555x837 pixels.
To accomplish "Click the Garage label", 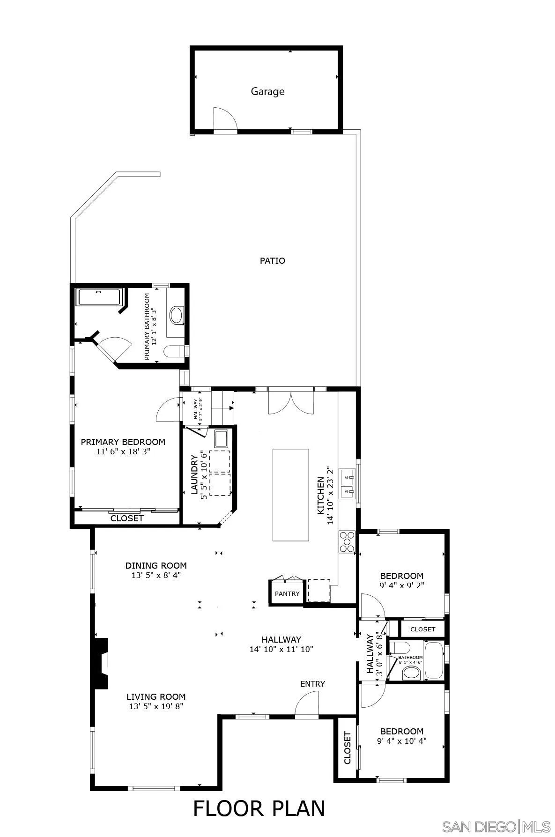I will [267, 91].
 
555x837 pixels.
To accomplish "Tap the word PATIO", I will [272, 260].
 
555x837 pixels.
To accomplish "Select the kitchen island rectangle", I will [290, 495].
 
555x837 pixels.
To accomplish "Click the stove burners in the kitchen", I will [347, 542].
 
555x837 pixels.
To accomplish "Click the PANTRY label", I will [287, 593].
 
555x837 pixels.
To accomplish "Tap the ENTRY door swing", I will [307, 705].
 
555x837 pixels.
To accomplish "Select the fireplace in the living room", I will [102, 663].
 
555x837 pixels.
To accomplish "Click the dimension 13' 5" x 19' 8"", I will [156, 706].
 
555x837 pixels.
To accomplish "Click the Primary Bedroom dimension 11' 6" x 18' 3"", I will [123, 452].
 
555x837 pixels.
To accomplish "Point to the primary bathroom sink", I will [177, 315].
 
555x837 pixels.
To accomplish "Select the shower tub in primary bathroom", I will [99, 297].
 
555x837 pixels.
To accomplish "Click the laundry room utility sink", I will [221, 439].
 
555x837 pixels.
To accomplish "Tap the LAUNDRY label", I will [194, 474].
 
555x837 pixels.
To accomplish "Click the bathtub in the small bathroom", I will [434, 660].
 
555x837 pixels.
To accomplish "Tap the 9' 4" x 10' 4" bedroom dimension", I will [401, 741].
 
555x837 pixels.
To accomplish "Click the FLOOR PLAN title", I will [259, 808].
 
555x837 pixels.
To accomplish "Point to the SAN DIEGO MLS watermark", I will [496, 826].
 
